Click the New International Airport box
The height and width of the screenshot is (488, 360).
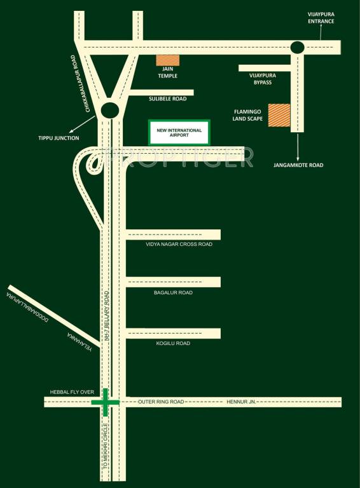(x=179, y=132)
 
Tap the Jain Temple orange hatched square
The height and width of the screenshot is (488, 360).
(x=168, y=60)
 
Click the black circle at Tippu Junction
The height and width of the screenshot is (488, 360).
(x=111, y=111)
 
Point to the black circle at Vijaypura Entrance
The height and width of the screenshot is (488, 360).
(x=297, y=47)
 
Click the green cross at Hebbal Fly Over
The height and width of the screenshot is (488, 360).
(x=105, y=402)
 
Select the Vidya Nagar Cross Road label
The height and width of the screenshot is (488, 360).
(x=179, y=244)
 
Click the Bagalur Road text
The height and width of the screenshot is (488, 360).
(x=173, y=293)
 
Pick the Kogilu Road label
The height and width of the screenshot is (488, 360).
(x=173, y=343)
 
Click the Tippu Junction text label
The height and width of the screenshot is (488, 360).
(x=58, y=138)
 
